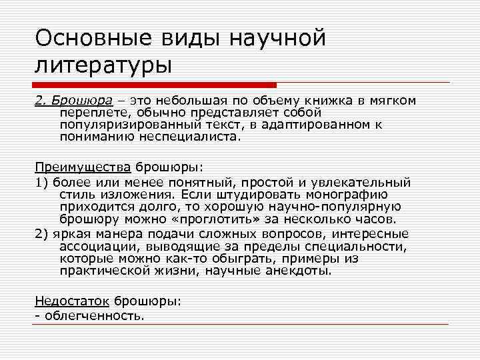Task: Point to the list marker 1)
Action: point(41,182)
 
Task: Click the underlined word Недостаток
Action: point(73,301)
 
